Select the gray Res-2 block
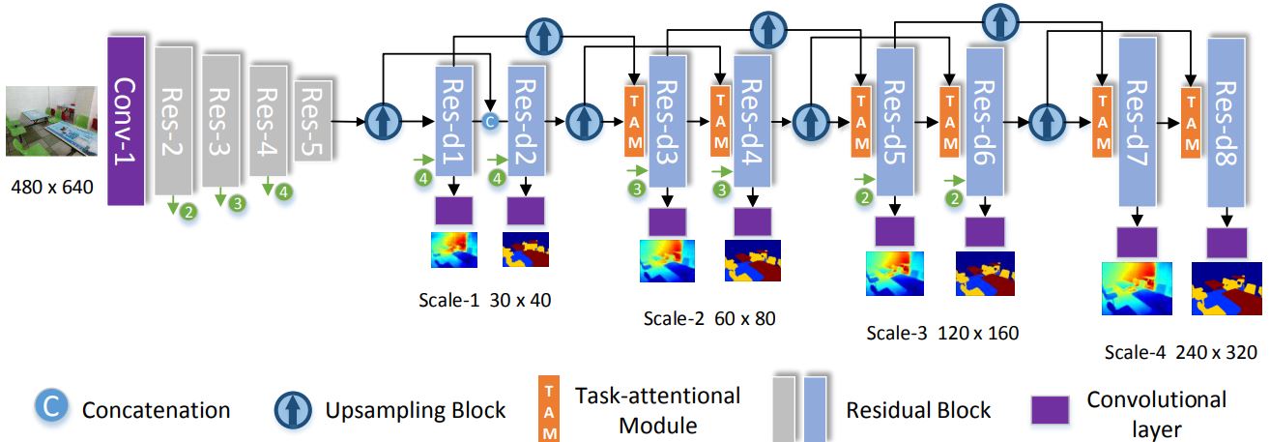pos(174,119)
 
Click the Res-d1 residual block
pos(452,121)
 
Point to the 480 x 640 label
pos(49,187)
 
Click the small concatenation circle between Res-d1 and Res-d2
pos(490,122)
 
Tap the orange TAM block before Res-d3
pos(634,121)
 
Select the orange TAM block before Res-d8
pos(1190,122)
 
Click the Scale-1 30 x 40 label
pos(485,300)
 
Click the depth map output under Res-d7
pos(1137,288)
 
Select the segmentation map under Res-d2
pos(526,250)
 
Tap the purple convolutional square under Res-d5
pos(894,231)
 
